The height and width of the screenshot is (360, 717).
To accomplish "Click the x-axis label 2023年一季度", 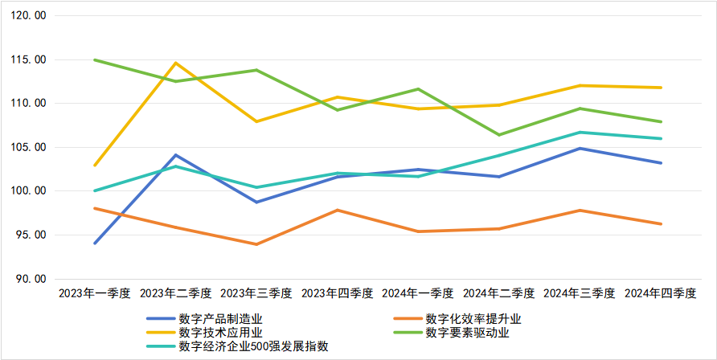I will click(x=95, y=293).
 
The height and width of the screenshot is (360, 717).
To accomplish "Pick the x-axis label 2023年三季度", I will click(x=256, y=293).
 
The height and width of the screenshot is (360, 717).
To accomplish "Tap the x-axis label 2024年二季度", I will click(x=498, y=293).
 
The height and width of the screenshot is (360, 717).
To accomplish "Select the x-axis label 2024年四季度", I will click(x=660, y=293).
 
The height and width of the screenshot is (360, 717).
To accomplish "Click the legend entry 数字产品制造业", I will click(x=220, y=319).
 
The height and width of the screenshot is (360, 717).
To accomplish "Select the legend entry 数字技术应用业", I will click(x=220, y=333).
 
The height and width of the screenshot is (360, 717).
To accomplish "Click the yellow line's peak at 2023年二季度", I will click(x=176, y=63).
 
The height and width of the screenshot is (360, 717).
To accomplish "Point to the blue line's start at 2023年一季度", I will click(x=95, y=243).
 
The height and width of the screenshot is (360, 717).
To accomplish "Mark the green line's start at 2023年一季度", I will click(x=95, y=59).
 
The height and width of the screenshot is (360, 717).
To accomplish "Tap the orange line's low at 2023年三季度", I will click(x=256, y=244).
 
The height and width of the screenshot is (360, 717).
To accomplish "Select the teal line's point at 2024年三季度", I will click(x=580, y=133).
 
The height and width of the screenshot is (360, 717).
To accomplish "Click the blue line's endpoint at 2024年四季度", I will click(x=661, y=163).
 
